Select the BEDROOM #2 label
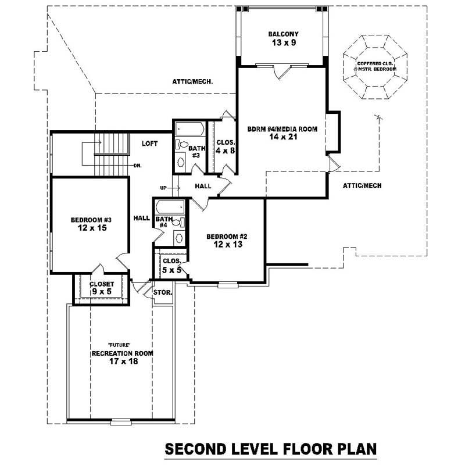pyautogui.click(x=227, y=237)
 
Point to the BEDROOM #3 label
pyautogui.click(x=91, y=220)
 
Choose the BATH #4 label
pyautogui.click(x=160, y=221)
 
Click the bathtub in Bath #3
pyautogui.click(x=189, y=128)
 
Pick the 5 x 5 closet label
pyautogui.click(x=171, y=270)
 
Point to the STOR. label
pyautogui.click(x=162, y=292)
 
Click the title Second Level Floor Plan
pyautogui.click(x=271, y=449)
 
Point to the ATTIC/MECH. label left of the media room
pyautogui.click(x=192, y=82)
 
